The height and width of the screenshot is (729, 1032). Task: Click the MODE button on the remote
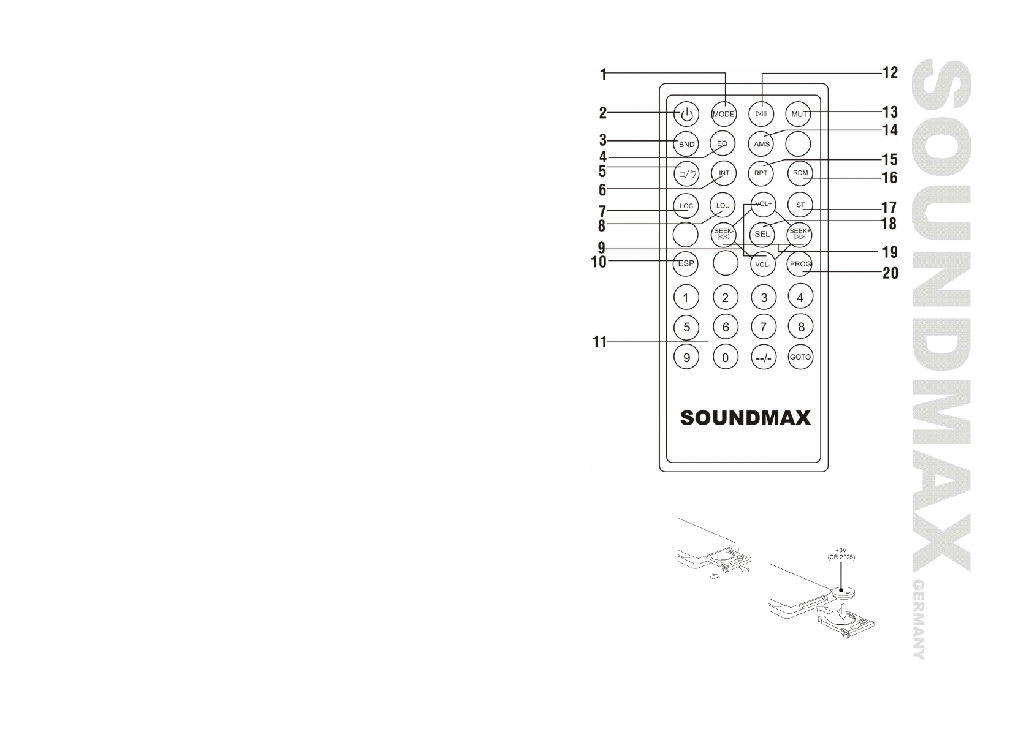coord(723,114)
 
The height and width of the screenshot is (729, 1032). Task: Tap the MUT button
coord(799,114)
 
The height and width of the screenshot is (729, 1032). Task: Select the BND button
coord(686,145)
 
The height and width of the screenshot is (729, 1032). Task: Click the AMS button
coord(762,145)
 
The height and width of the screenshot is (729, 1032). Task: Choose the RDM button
coord(800,173)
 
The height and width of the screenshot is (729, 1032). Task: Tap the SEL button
coord(762,234)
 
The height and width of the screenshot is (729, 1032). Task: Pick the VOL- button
coord(762,265)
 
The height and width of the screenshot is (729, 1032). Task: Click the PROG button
coord(800,264)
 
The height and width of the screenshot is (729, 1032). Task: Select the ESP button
coord(686,263)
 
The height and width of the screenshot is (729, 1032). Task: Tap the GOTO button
coord(800,357)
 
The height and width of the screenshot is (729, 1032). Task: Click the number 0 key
coord(726,358)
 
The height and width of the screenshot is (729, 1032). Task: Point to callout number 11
coord(599,342)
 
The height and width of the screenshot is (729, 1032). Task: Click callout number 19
coord(890,252)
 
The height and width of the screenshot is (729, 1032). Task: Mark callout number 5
coord(602,172)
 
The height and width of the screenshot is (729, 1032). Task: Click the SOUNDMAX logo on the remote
coord(745,418)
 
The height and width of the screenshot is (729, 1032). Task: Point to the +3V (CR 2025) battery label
coord(841,553)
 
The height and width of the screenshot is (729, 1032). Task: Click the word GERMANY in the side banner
coord(918,618)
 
